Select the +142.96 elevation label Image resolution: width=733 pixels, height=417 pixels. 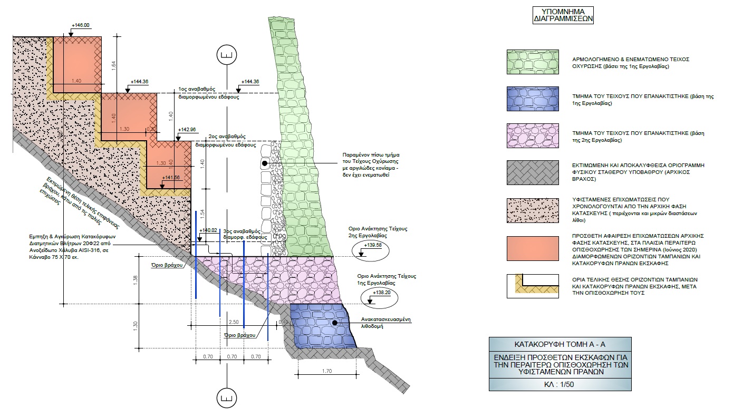[187, 129]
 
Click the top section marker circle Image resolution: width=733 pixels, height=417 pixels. [226, 55]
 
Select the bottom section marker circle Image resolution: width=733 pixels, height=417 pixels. [226, 396]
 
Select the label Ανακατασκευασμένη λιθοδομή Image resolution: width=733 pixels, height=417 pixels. [386, 323]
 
